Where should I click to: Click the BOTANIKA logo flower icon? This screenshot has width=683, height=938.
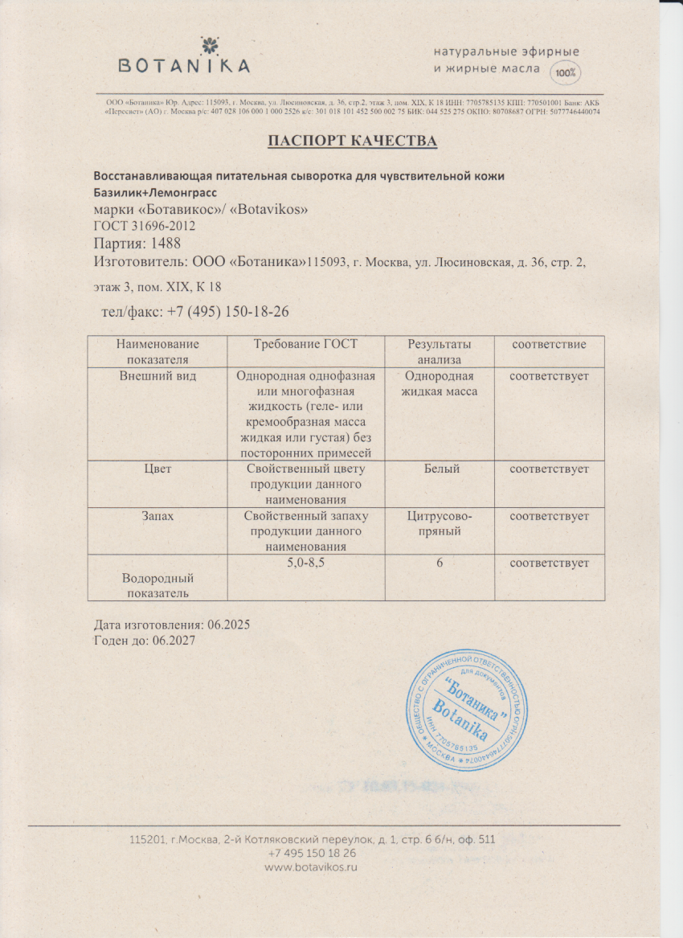point(184,44)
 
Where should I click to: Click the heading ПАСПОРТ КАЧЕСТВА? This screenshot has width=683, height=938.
point(352,141)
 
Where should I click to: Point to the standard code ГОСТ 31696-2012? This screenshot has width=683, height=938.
point(145,226)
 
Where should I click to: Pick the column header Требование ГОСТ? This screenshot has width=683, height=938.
point(305,344)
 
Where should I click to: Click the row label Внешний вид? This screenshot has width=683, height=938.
point(157,375)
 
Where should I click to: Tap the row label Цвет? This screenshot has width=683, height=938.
point(157,468)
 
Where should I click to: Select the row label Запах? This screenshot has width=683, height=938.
point(157,516)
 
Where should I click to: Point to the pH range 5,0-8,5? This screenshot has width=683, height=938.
point(305,563)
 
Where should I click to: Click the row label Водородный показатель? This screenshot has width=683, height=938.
point(157,585)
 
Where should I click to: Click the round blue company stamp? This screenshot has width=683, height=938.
point(468,707)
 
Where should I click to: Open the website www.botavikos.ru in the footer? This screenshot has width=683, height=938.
point(311,867)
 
